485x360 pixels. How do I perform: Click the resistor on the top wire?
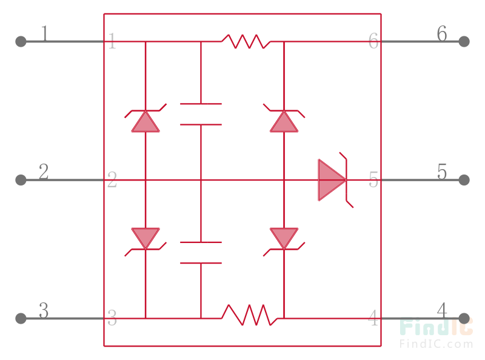click(x=246, y=41)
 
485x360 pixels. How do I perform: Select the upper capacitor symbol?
click(x=201, y=114)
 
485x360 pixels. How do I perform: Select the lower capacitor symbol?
click(x=201, y=253)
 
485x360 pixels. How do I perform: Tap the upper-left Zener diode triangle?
click(x=145, y=121)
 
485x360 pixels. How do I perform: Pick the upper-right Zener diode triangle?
click(x=284, y=121)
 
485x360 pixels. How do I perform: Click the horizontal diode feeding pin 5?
click(x=332, y=180)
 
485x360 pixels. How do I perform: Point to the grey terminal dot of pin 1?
click(x=21, y=41)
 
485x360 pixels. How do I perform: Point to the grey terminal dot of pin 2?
click(x=21, y=180)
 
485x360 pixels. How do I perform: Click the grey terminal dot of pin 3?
click(x=21, y=318)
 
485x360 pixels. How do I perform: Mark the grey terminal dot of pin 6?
click(x=464, y=41)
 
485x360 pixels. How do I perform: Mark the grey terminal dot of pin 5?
click(x=464, y=180)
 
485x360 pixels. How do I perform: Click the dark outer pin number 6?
click(x=442, y=34)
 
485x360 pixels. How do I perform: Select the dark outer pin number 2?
click(x=44, y=172)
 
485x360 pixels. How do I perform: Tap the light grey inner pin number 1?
click(x=112, y=42)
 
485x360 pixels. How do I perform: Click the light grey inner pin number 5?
click(x=373, y=180)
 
